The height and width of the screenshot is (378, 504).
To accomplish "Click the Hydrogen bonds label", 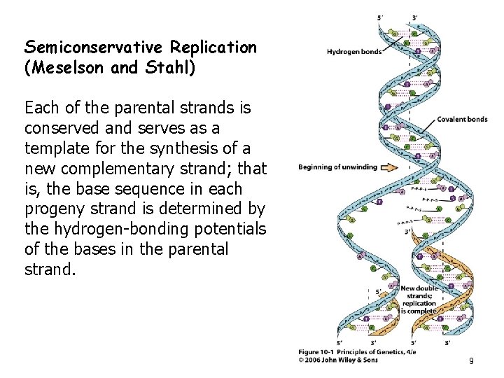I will pos(353,52).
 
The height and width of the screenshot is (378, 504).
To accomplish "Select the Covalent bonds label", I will pos(462,120).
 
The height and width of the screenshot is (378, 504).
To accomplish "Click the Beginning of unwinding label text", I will pos(337,167).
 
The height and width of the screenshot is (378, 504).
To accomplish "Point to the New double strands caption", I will pos(419,296).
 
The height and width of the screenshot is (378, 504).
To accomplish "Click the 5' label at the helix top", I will pos(380,17).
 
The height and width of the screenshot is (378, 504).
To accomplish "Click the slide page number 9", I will pos(471,361).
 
